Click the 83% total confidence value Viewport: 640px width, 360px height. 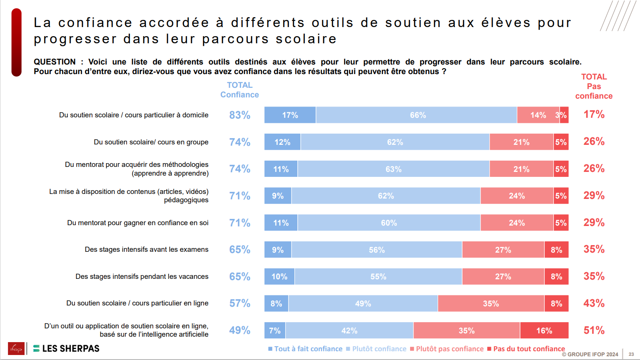click(240, 115)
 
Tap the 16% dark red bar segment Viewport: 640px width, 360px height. click(544, 330)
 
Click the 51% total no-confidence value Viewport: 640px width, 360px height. click(594, 330)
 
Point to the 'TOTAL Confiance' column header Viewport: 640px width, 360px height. click(239, 90)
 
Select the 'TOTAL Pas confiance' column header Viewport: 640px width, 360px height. click(594, 87)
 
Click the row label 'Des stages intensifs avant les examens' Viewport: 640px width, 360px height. click(147, 250)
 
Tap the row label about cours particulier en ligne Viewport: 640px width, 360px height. click(137, 303)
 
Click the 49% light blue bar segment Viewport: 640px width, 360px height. click(363, 304)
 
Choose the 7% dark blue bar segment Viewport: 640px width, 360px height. click(275, 330)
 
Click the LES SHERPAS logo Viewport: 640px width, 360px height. click(66, 349)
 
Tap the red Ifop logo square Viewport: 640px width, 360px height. click(16, 349)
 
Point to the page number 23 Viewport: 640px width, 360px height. click(631, 354)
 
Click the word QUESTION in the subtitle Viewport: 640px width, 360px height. click(55, 62)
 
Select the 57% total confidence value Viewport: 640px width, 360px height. click(240, 303)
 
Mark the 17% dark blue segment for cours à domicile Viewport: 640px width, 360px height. click(290, 115)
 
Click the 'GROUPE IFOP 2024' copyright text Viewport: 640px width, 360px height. click(590, 355)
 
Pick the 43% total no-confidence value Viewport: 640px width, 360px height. click(594, 303)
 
